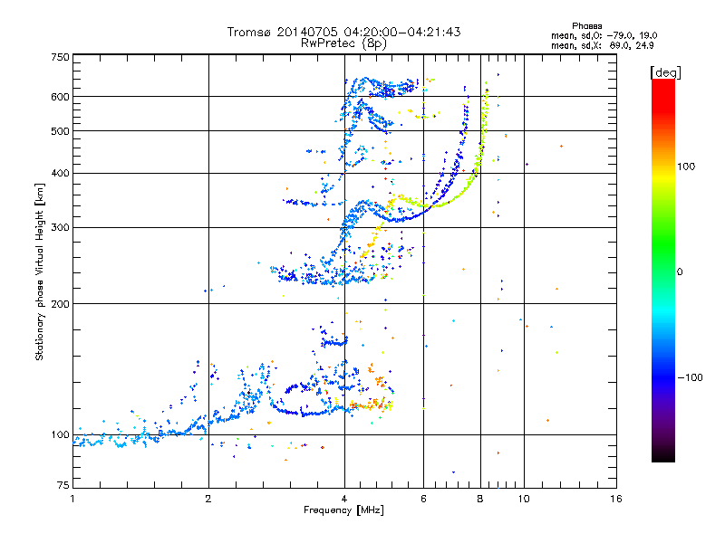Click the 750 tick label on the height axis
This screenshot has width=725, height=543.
(x=60, y=57)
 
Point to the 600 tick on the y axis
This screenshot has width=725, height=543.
(x=60, y=96)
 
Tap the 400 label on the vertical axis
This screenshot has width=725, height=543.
(x=60, y=173)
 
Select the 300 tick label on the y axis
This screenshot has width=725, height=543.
(x=60, y=227)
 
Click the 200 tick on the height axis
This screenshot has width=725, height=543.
(x=60, y=303)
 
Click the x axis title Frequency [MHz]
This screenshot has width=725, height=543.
(x=344, y=511)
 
